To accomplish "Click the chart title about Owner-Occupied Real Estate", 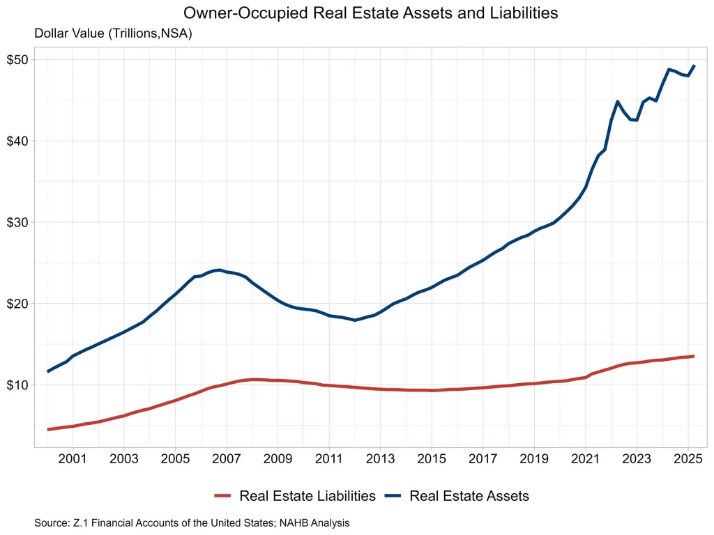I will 370,13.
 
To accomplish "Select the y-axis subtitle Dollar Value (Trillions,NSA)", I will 113,33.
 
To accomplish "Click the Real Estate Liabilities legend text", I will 307,496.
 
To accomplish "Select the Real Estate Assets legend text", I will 469,496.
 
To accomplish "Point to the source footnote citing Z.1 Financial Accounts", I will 192,522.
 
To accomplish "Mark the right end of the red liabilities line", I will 693,356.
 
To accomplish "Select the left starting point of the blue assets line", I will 47,371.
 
